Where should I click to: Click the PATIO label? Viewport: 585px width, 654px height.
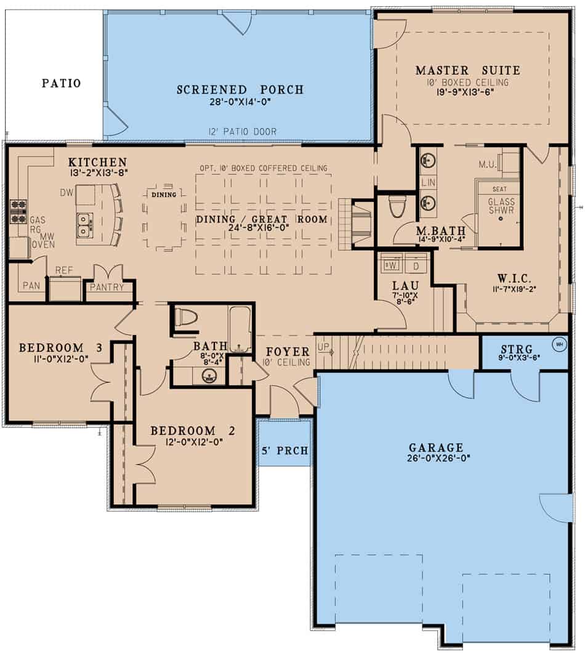tap(61, 83)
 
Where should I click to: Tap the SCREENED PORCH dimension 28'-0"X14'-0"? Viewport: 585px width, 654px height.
tap(240, 102)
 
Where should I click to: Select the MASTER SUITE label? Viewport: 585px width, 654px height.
tap(467, 70)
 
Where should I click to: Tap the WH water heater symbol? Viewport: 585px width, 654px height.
tap(559, 344)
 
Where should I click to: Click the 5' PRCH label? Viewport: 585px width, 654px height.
tap(284, 451)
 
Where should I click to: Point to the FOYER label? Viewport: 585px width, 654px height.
tap(288, 352)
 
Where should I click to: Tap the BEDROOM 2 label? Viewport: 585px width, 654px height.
tap(192, 430)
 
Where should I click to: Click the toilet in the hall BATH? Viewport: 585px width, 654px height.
tap(185, 318)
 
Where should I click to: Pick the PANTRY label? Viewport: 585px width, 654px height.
tap(107, 288)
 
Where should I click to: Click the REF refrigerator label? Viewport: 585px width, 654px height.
tap(64, 270)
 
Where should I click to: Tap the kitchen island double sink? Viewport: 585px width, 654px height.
tap(85, 225)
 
